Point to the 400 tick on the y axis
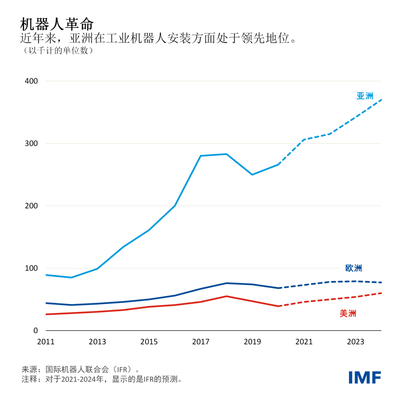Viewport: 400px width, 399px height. [x=31, y=81]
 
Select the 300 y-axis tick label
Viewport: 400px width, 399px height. [x=31, y=143]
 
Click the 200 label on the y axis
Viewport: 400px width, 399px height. [x=31, y=206]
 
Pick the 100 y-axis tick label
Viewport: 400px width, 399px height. [x=31, y=268]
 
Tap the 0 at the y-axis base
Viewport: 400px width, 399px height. [x=35, y=330]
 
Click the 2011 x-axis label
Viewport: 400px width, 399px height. [x=45, y=342]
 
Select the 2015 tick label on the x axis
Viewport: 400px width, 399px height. [x=149, y=342]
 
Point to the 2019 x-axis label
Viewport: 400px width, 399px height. [x=252, y=342]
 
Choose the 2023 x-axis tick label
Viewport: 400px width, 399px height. [x=355, y=342]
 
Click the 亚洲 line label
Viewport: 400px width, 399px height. [x=364, y=96]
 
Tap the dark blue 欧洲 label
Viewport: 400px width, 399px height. [x=353, y=268]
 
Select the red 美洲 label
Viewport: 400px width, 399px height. [x=348, y=313]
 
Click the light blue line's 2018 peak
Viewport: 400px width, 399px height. [x=226, y=154]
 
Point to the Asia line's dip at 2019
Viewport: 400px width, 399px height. [x=252, y=174]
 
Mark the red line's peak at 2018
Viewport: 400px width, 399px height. [x=226, y=296]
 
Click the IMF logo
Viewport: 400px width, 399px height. [x=364, y=377]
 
